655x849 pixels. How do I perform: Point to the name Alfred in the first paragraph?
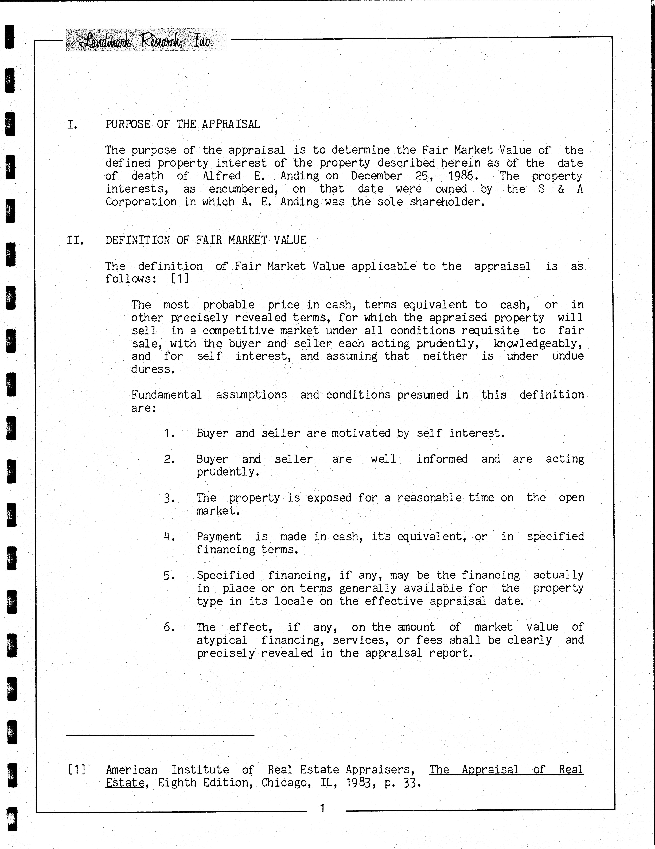point(222,176)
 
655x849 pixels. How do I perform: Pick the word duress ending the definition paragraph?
point(153,369)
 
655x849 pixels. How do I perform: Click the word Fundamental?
point(166,395)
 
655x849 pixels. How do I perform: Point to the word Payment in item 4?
point(219,537)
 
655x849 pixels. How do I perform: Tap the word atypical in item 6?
point(221,640)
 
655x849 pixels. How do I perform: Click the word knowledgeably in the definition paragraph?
point(538,344)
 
